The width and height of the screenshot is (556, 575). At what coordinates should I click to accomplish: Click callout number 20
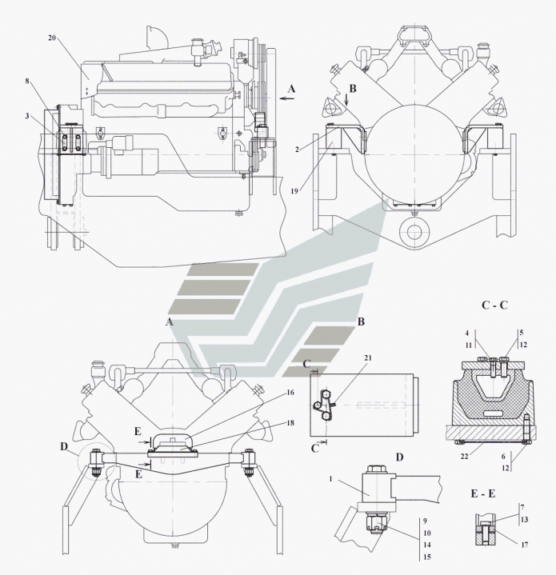tap(52, 38)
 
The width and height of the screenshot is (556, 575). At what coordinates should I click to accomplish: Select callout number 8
tap(27, 81)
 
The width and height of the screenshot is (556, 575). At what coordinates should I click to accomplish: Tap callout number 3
tap(27, 116)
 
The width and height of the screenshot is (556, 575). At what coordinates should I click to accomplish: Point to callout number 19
tap(294, 191)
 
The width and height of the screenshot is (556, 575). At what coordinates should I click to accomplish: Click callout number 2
tap(298, 150)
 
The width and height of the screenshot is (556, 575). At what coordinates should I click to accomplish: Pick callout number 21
tap(368, 357)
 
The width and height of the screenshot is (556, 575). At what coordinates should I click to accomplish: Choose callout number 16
tap(290, 393)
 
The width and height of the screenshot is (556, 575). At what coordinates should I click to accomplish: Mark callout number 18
tap(290, 423)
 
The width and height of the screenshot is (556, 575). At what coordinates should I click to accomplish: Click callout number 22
tap(464, 457)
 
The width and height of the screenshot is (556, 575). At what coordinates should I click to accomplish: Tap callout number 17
tap(525, 545)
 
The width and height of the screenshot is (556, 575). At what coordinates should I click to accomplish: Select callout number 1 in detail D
tap(330, 479)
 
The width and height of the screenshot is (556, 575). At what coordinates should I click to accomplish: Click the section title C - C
tap(494, 305)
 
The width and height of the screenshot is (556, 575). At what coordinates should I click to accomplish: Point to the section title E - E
tap(483, 493)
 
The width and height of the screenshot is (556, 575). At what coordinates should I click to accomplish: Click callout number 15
tap(427, 557)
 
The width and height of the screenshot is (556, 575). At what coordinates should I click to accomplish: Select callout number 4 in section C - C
tap(467, 333)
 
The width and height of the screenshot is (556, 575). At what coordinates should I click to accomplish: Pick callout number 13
tap(525, 519)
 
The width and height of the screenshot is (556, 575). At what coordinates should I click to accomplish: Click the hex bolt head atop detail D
tap(375, 469)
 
